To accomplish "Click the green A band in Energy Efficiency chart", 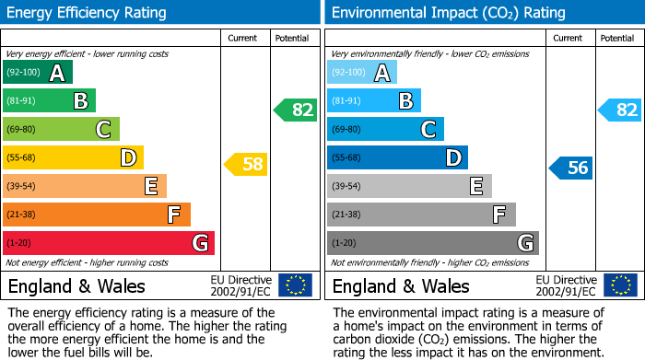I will tap(37, 73).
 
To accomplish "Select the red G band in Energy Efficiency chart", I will tap(108, 243).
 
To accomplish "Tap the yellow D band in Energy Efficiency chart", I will tap(73, 157).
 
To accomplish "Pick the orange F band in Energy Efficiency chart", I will tap(96, 215).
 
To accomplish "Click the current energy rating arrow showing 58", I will tap(246, 165).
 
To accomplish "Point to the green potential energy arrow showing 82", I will tap(295, 110).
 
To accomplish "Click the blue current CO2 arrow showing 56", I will tap(570, 168).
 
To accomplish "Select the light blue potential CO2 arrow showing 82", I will tap(619, 110).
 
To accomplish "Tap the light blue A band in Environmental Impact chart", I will tap(361, 73).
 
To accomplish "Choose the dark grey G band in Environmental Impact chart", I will tap(432, 243).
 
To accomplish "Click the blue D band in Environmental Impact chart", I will tap(397, 157).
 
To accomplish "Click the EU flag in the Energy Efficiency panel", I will tap(295, 285).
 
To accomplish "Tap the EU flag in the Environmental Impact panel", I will tap(619, 285).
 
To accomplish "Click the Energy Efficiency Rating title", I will tap(88, 13).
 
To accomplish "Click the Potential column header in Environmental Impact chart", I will tap(617, 38).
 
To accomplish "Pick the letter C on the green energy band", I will tap(104, 129).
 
